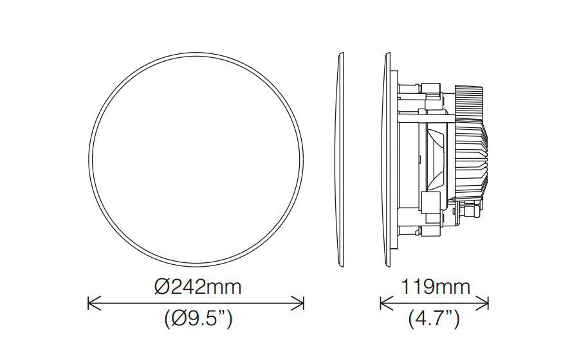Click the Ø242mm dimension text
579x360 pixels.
coord(198,287)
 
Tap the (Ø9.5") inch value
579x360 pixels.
coord(198,318)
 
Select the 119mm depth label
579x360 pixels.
coord(435,287)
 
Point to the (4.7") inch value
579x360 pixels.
coord(434,318)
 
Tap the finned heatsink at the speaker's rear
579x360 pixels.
coord(473,154)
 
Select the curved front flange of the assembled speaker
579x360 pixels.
coord(389,159)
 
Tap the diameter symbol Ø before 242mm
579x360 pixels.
coord(162,287)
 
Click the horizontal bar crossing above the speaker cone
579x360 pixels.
coord(425,116)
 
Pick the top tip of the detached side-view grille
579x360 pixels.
coord(340,56)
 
